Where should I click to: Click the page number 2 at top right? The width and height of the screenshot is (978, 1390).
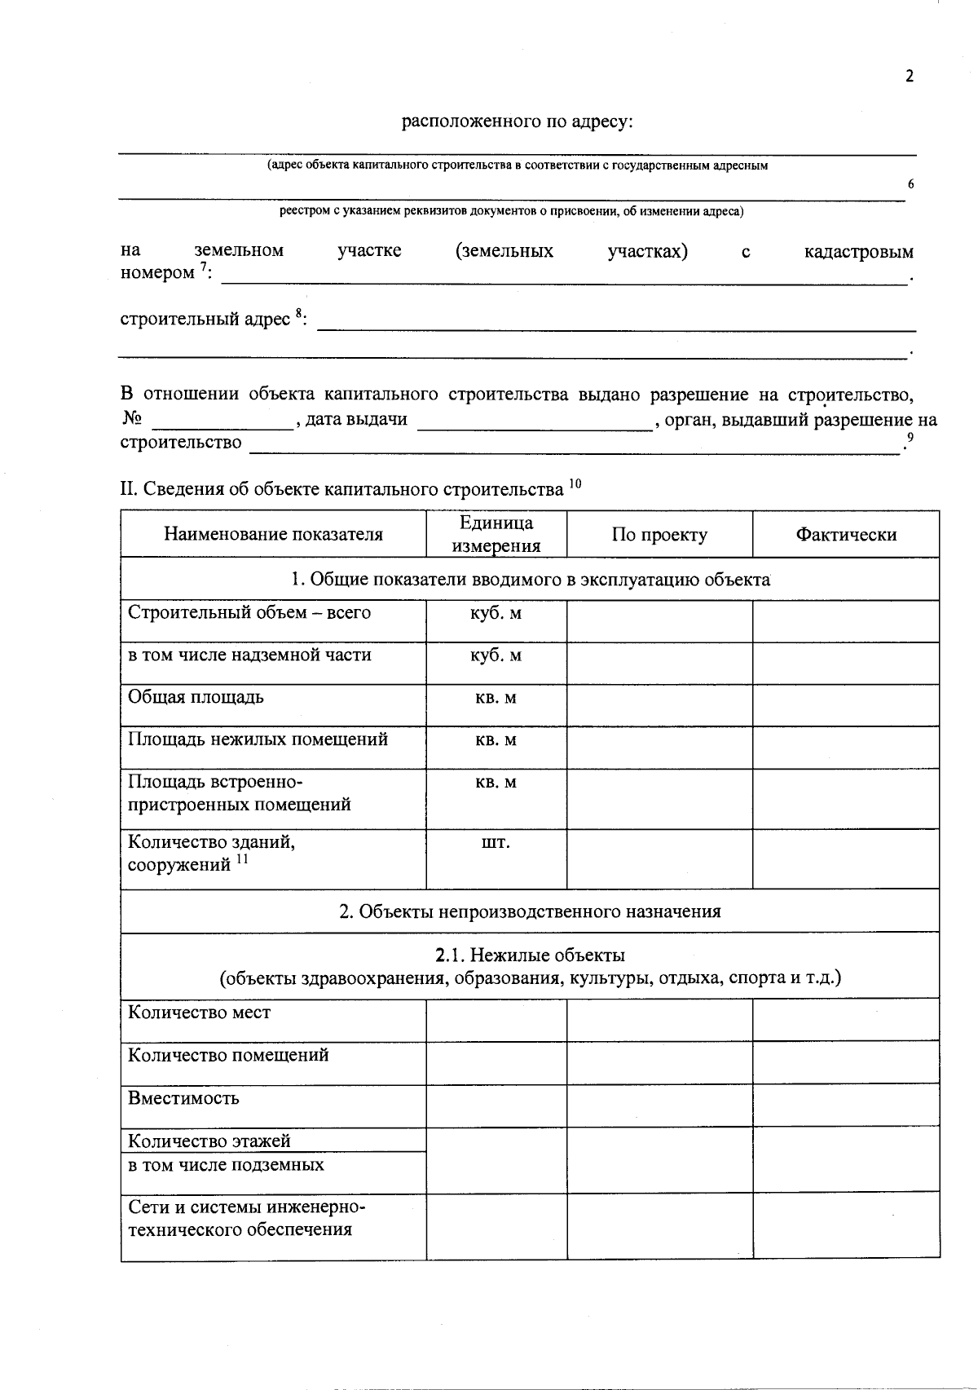pyautogui.click(x=910, y=77)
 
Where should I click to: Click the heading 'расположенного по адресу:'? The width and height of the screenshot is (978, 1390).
pyautogui.click(x=518, y=122)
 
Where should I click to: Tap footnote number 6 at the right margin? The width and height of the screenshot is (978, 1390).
pyautogui.click(x=910, y=184)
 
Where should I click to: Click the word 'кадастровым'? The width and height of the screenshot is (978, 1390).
pyautogui.click(x=858, y=251)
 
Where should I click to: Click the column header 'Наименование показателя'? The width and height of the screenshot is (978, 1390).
pyautogui.click(x=273, y=535)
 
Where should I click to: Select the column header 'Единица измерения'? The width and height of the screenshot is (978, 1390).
pyautogui.click(x=496, y=535)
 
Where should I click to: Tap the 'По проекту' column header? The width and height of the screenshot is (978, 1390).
pyautogui.click(x=659, y=535)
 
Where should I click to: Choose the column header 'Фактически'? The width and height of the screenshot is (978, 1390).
pyautogui.click(x=845, y=535)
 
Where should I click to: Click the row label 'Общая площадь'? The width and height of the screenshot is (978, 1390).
pyautogui.click(x=196, y=697)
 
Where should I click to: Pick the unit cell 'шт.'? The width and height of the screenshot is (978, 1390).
pyautogui.click(x=496, y=842)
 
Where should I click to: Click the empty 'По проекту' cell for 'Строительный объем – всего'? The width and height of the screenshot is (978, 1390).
pyautogui.click(x=659, y=621)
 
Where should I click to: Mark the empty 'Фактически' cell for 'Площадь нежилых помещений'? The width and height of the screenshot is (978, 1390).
pyautogui.click(x=845, y=748)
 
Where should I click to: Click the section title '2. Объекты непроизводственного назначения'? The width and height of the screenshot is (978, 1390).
pyautogui.click(x=530, y=911)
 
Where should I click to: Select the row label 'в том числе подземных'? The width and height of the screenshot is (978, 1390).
pyautogui.click(x=226, y=1165)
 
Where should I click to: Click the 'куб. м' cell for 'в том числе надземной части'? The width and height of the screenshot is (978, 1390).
pyautogui.click(x=496, y=655)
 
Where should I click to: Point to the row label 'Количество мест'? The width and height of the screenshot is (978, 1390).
pyautogui.click(x=199, y=1013)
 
